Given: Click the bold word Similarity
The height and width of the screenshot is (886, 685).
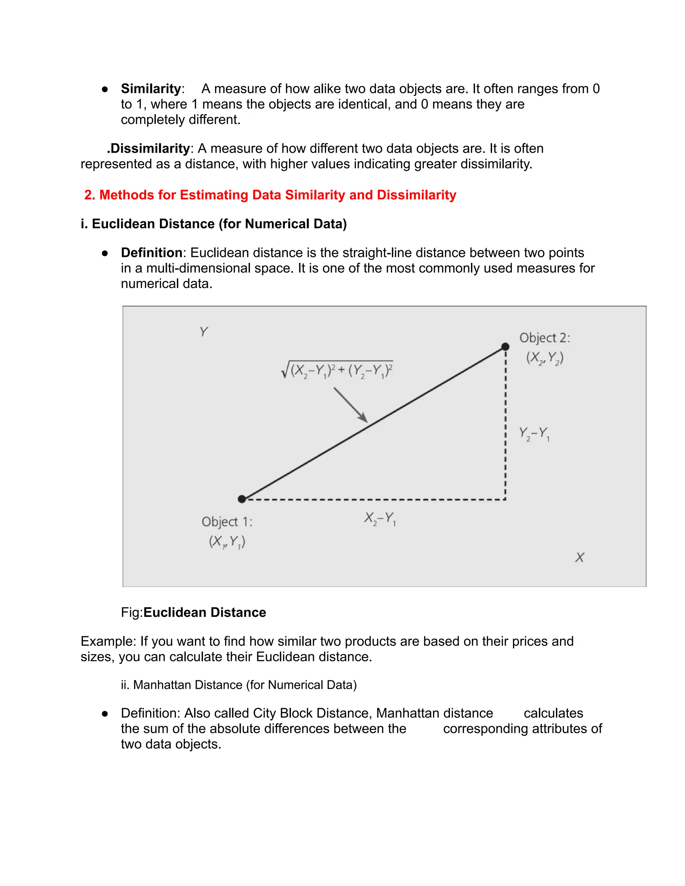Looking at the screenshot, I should tap(151, 89).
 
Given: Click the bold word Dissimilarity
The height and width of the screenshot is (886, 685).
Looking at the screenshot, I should tap(150, 148).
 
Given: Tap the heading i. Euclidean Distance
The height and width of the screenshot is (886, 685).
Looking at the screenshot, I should tap(213, 224).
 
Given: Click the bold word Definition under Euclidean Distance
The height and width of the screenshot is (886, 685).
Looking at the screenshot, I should tap(152, 253).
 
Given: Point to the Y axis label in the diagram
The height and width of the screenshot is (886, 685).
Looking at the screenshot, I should tap(204, 332).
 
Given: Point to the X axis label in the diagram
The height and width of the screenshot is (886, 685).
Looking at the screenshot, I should tap(580, 557).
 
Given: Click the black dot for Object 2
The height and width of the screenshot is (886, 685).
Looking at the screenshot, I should tap(505, 346).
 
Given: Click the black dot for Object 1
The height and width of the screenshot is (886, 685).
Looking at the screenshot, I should tap(242, 499).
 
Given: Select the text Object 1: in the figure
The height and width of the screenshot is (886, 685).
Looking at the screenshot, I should tap(227, 522).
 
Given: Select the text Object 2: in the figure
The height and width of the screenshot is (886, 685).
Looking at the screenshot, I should tap(545, 338).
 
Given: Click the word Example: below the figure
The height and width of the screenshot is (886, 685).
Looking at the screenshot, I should tap(108, 641).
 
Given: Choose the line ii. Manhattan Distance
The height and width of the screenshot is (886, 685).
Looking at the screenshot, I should tap(238, 685).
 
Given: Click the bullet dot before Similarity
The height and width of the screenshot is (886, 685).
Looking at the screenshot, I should tap(105, 89).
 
